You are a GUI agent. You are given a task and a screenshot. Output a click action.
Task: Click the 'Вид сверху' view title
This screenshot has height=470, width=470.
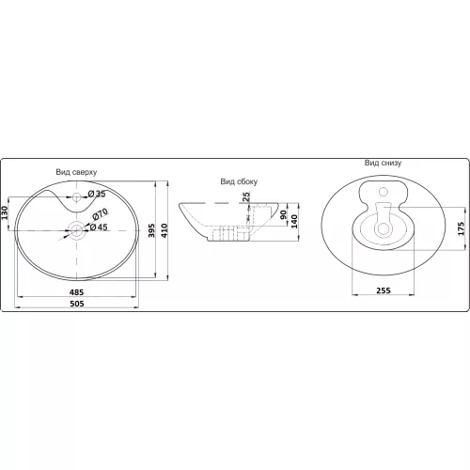click(76, 172)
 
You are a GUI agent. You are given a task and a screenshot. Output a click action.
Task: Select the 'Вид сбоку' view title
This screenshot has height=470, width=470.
click(239, 181)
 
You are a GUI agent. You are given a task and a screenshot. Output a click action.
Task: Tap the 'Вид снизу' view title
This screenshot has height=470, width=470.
click(383, 163)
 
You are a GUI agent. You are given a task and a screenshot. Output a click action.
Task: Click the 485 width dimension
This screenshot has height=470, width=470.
click(76, 292)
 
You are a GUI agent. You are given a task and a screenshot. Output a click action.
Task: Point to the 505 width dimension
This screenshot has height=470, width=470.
click(77, 304)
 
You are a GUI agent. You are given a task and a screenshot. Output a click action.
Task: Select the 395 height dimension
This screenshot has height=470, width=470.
click(152, 230)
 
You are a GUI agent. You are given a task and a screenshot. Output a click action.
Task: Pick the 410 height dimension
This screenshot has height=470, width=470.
click(164, 230)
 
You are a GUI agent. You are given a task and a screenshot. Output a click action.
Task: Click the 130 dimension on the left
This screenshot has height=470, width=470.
click(5, 212)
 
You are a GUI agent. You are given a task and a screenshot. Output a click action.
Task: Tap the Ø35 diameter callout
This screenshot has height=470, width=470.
click(97, 194)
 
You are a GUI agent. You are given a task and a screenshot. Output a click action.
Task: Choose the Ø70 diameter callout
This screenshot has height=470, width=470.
click(101, 213)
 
